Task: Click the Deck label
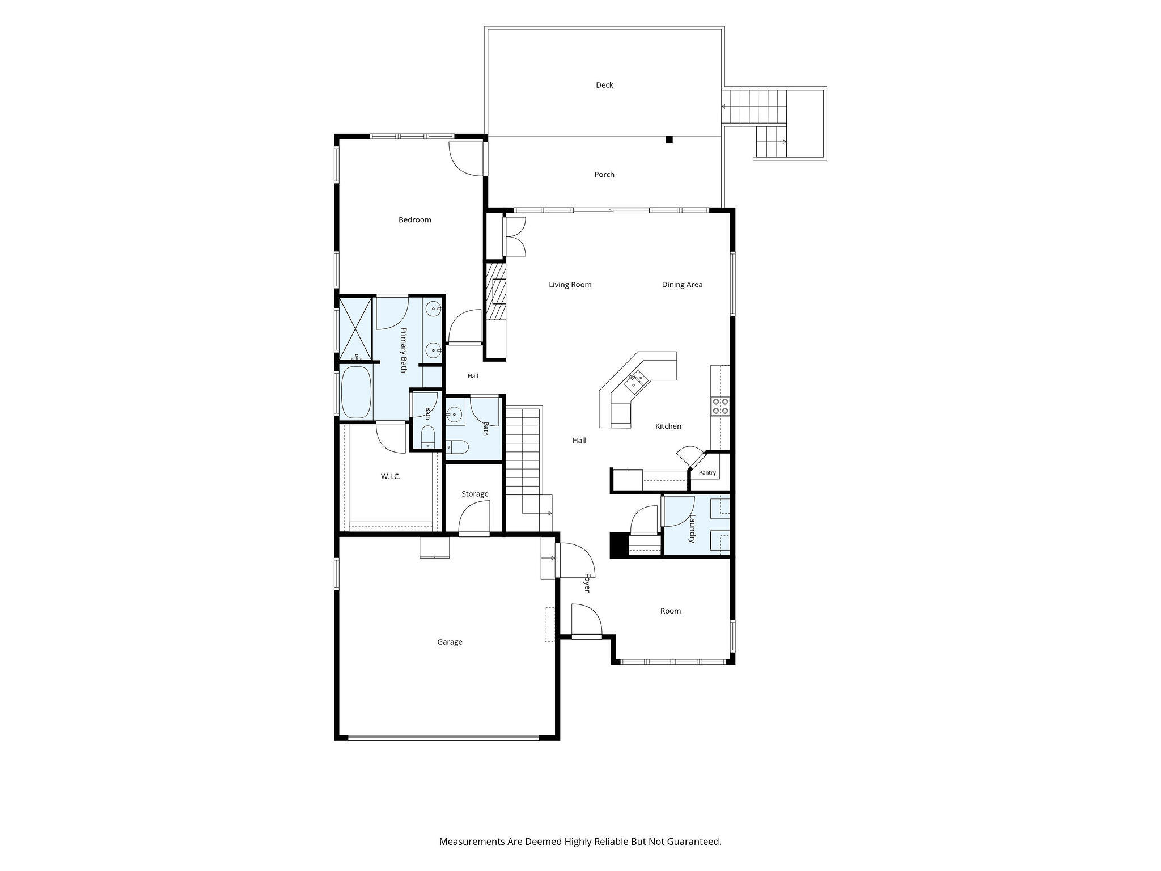604,85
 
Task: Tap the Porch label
604,175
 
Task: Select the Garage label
450,642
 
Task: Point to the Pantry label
707,473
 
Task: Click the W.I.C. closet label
391,476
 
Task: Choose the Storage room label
475,494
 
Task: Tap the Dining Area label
682,285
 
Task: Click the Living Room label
570,285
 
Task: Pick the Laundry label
692,528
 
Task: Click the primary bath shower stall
355,329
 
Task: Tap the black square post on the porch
669,139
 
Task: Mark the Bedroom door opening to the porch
466,159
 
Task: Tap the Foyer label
587,583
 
